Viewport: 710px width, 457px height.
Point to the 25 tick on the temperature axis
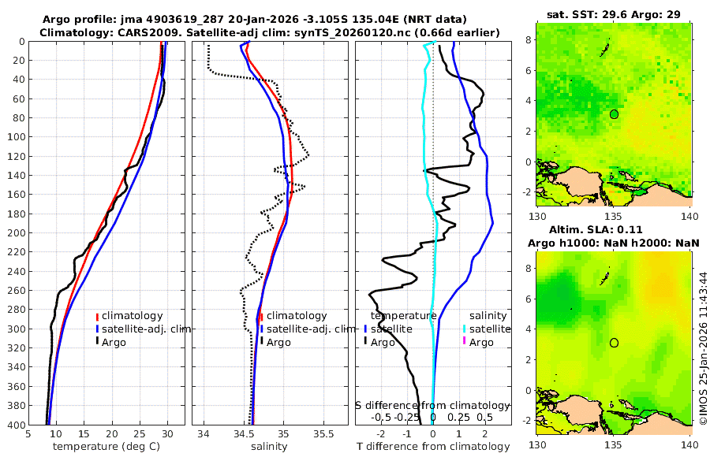(x=140, y=434)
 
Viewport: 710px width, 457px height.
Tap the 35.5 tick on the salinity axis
(x=324, y=434)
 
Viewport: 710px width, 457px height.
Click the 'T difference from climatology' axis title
(x=433, y=447)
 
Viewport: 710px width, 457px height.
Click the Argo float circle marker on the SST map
(x=614, y=114)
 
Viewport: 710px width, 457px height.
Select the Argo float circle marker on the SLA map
(x=614, y=343)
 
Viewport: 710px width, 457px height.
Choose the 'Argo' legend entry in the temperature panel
(x=114, y=342)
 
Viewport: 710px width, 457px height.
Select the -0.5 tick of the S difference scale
(x=381, y=417)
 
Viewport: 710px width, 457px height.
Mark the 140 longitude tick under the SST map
(x=689, y=216)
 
